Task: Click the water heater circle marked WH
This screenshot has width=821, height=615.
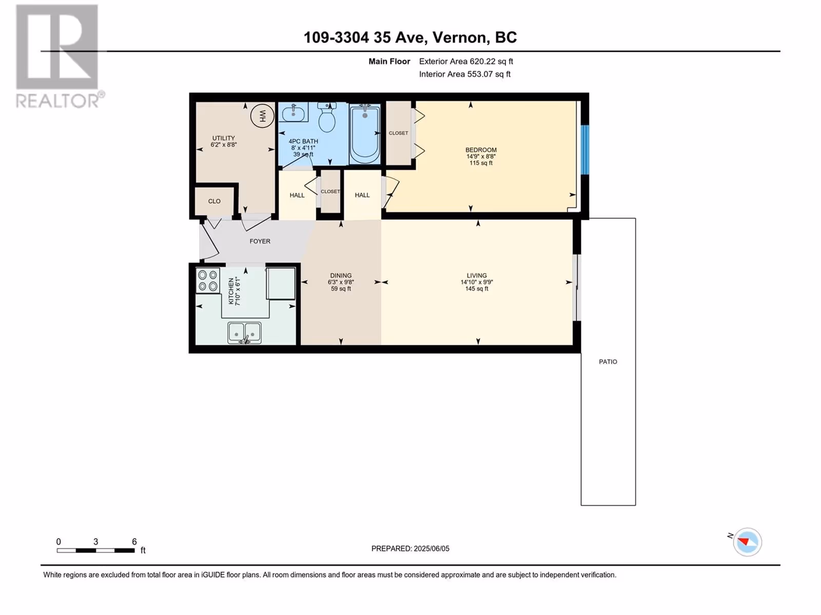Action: coord(262,116)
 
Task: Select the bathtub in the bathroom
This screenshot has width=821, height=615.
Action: coord(365,134)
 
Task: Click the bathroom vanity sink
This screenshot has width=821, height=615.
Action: coord(294,112)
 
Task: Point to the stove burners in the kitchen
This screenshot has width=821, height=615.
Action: coord(208,281)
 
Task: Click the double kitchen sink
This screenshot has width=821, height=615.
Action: coord(245,333)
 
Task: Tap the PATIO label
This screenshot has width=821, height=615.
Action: coord(608,361)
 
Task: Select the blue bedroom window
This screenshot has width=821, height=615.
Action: coord(584,150)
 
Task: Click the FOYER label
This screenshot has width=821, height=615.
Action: coord(260,241)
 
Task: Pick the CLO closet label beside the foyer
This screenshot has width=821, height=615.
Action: coord(214,201)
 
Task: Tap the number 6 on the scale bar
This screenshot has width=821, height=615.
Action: coord(134,541)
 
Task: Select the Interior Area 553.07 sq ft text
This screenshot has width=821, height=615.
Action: coord(464,74)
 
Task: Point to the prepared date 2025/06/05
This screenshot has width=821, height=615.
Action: coord(431,548)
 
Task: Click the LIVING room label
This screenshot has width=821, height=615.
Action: coord(477,275)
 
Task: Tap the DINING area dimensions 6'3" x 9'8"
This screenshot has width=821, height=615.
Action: coord(341,282)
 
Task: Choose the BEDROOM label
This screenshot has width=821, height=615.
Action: coord(481,150)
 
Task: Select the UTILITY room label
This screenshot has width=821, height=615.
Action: coord(224,138)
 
